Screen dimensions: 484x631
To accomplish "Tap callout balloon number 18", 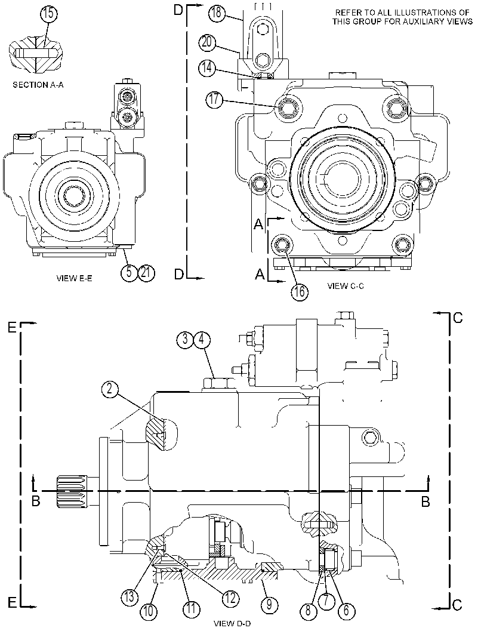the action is [x=217, y=13].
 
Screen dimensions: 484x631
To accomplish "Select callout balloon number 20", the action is [x=206, y=42].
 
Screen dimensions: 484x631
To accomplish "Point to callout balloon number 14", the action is [x=206, y=67].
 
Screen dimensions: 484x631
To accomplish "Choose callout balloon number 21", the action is [x=146, y=272].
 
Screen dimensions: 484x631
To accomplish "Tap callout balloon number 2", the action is [x=110, y=389].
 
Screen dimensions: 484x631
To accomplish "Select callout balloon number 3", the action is [x=184, y=339].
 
